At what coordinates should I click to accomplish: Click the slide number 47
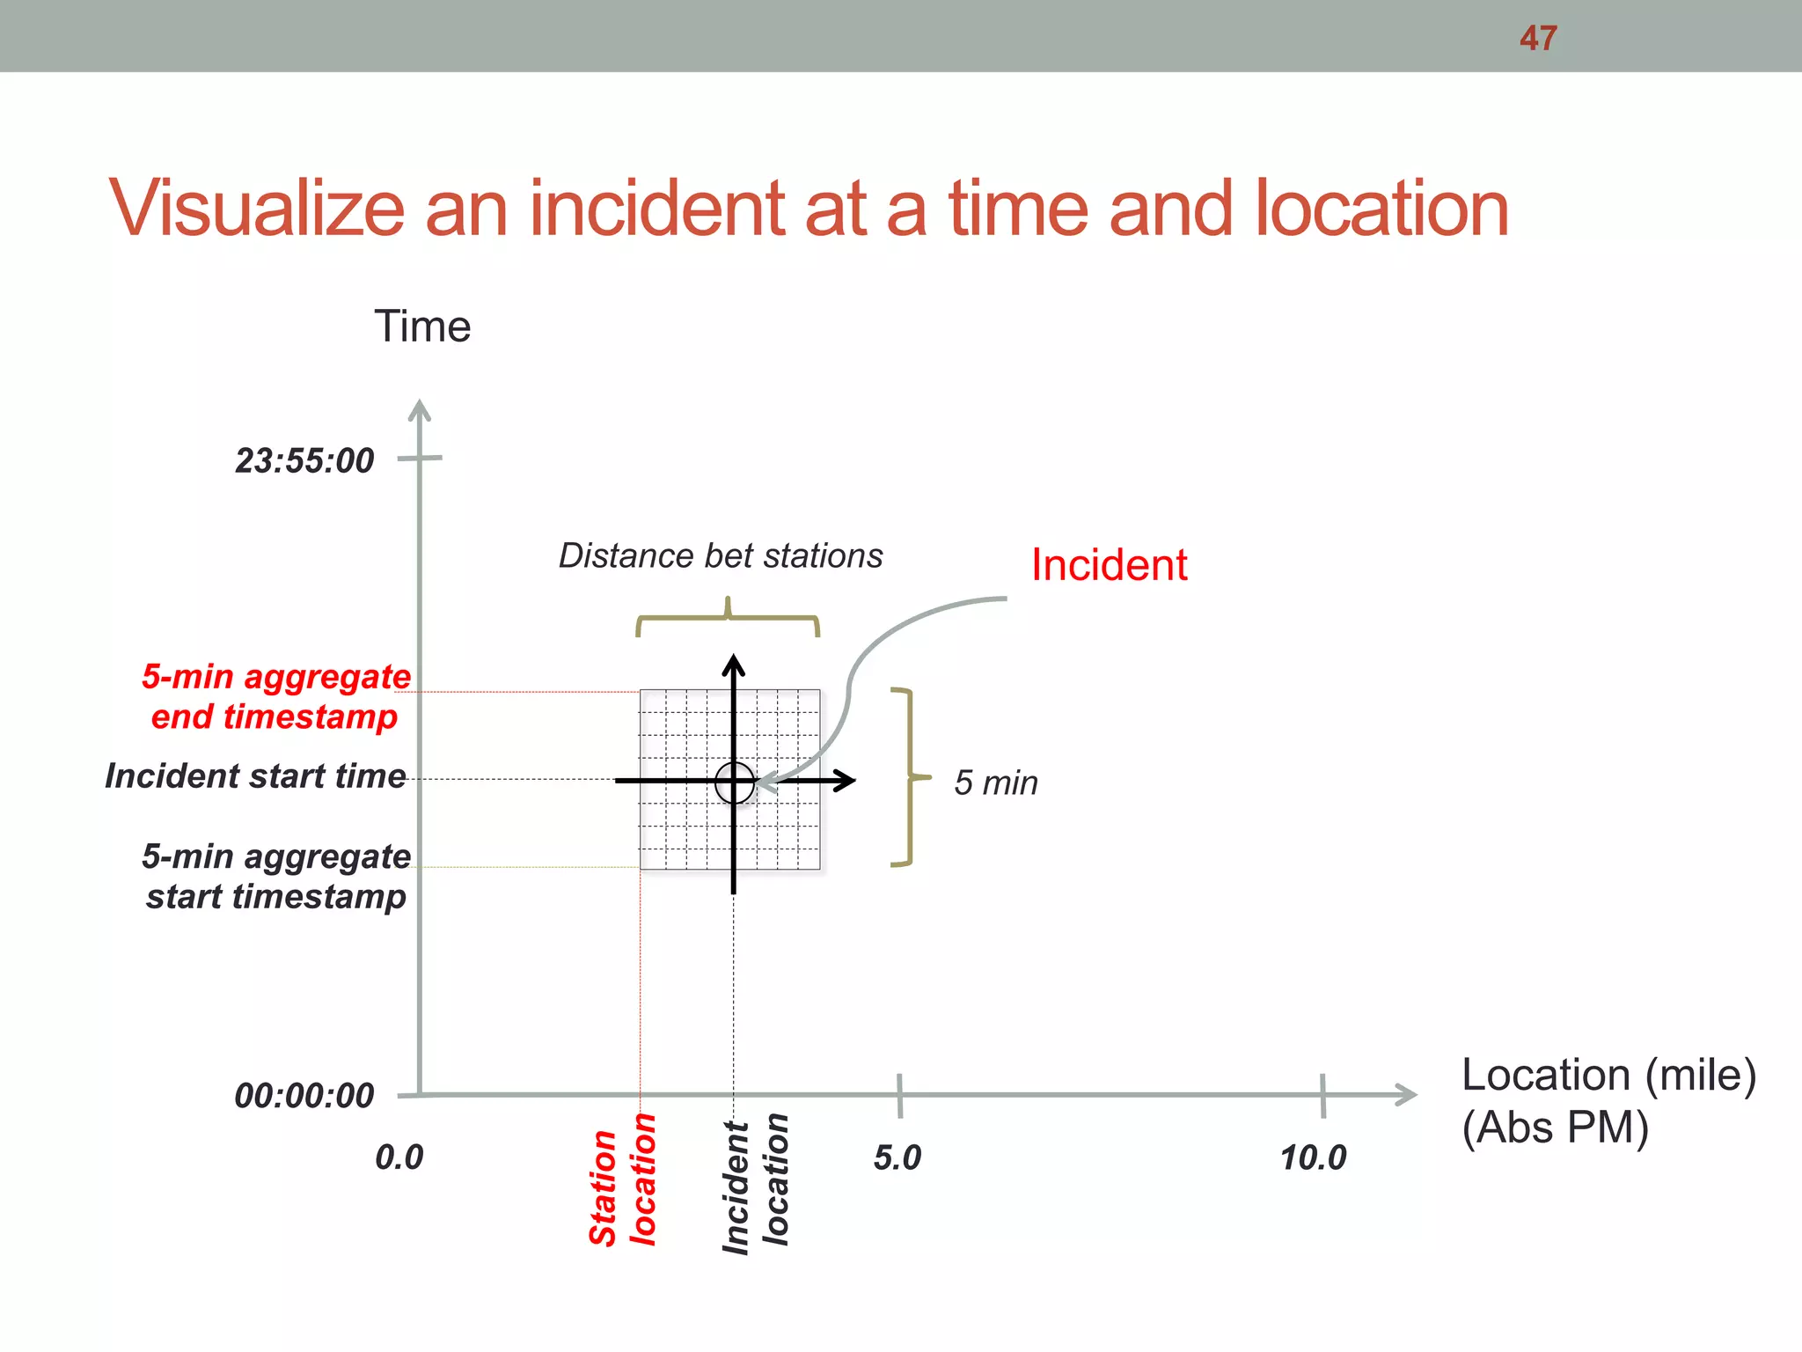pyautogui.click(x=1538, y=38)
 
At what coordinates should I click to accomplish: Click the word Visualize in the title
pyautogui.click(x=256, y=209)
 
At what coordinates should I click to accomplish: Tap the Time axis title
pyautogui.click(x=422, y=327)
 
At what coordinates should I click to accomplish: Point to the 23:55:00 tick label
pyautogui.click(x=304, y=460)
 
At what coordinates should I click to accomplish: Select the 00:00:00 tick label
pyautogui.click(x=304, y=1096)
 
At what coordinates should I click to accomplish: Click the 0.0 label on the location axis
pyautogui.click(x=399, y=1157)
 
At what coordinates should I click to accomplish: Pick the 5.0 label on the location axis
pyautogui.click(x=897, y=1157)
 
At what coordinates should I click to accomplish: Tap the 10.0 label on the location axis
pyautogui.click(x=1313, y=1157)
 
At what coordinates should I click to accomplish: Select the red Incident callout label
pyautogui.click(x=1109, y=565)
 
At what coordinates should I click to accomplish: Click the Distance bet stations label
pyautogui.click(x=721, y=556)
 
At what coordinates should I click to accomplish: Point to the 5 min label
pyautogui.click(x=996, y=783)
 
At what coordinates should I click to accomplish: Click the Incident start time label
pyautogui.click(x=256, y=776)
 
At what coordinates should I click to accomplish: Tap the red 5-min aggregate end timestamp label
pyautogui.click(x=275, y=696)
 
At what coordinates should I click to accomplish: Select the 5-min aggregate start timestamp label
pyautogui.click(x=275, y=876)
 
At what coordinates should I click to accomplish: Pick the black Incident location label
pyautogui.click(x=755, y=1184)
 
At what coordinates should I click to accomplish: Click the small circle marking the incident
pyautogui.click(x=735, y=782)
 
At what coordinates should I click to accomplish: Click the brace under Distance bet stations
pyautogui.click(x=728, y=619)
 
